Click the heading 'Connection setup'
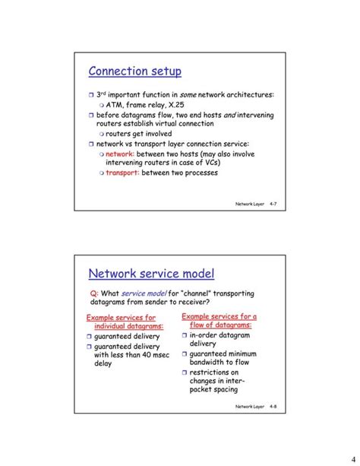point(134,71)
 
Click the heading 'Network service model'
point(151,274)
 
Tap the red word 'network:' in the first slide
point(119,153)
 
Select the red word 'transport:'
point(122,172)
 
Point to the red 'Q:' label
point(94,293)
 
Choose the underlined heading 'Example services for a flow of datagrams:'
point(219,320)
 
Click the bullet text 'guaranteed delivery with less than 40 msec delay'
point(126,355)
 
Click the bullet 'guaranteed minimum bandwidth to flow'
point(223,358)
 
